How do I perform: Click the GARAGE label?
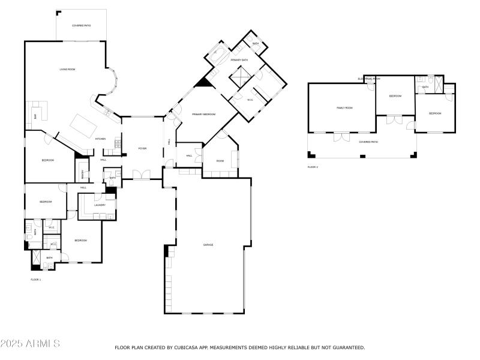tap(208, 245)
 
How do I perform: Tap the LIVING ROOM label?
tap(67, 70)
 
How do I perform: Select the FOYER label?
tap(142, 148)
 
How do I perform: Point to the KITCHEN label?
tap(100, 139)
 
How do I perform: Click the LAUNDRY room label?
tap(100, 205)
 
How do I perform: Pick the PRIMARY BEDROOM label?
tap(203, 114)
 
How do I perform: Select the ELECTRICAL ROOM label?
tap(369, 79)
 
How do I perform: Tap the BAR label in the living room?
tap(35, 116)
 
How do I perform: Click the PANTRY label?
tap(83, 175)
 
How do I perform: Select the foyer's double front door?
tap(142, 175)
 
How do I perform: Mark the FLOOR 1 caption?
tap(36, 280)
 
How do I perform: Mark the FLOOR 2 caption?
tap(313, 167)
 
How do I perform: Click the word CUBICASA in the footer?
tap(185, 347)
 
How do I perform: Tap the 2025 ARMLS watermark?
tap(30, 344)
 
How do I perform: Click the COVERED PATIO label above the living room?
tap(81, 26)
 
